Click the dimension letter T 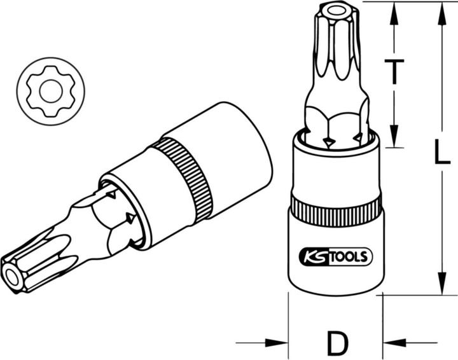[394, 71]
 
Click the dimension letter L [441, 151]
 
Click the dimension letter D [337, 342]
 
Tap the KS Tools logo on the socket [336, 256]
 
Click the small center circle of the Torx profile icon [51, 92]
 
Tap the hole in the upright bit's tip [335, 11]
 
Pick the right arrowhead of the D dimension [394, 342]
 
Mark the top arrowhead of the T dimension [394, 14]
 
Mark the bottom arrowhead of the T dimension [394, 135]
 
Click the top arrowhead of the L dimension [442, 14]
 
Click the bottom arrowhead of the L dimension [442, 282]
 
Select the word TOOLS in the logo [350, 256]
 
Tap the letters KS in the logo [315, 256]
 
